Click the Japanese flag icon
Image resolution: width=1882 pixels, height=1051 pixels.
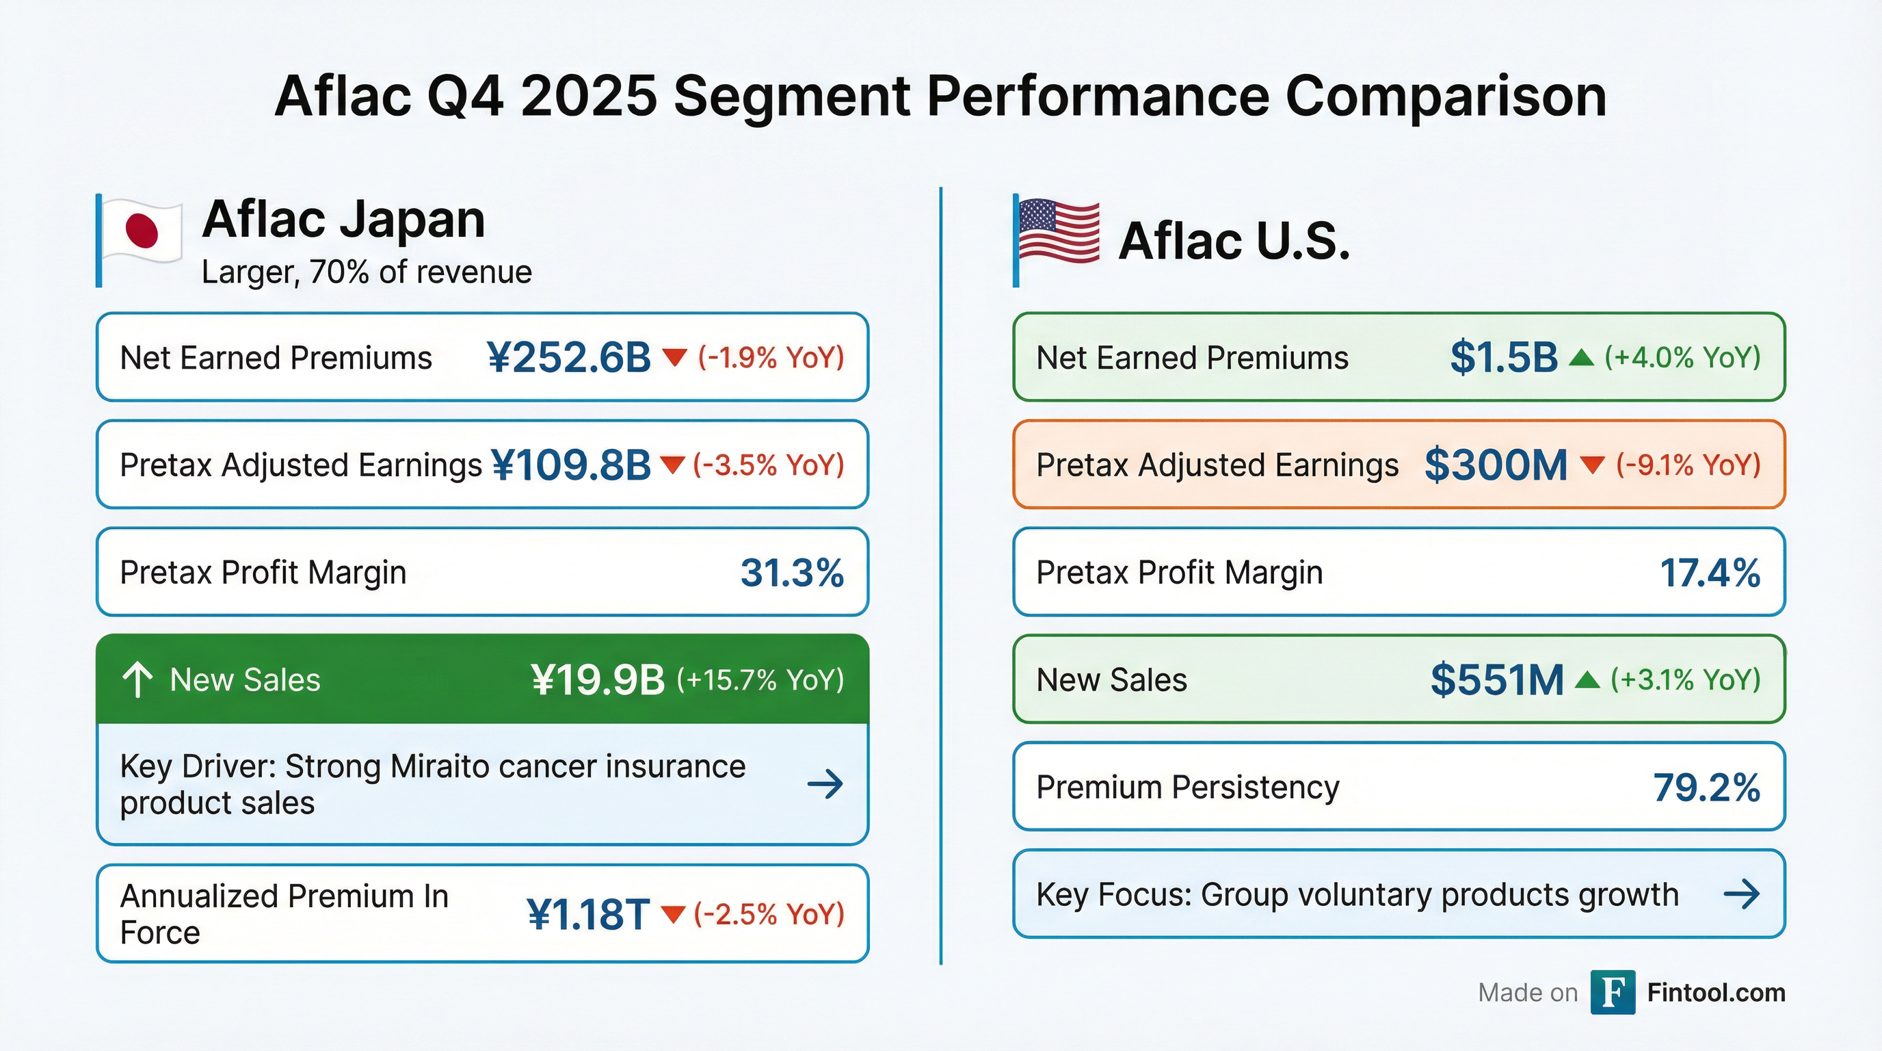tap(142, 231)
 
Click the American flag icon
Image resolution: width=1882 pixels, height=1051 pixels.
tap(1059, 232)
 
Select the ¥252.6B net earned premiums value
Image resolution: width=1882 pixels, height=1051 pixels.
tap(568, 358)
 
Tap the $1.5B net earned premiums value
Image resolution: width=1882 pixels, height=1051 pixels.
tap(1504, 358)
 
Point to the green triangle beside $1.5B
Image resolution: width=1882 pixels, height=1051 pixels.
tap(1581, 358)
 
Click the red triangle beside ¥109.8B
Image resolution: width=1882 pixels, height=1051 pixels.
tap(672, 465)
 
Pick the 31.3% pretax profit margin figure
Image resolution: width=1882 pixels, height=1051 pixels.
tap(792, 572)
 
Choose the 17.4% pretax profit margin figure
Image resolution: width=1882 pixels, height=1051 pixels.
tap(1710, 572)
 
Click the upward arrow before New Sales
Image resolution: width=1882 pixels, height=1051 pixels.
tap(137, 679)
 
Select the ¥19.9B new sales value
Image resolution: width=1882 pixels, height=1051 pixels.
tap(598, 679)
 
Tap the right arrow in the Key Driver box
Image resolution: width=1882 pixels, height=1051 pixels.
tap(825, 784)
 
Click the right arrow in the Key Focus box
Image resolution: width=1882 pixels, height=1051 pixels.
tap(1741, 894)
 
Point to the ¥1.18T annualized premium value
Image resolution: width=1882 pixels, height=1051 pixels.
tap(588, 914)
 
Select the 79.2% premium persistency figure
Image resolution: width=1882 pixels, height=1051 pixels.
tap(1707, 788)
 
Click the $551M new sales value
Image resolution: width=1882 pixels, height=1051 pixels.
tap(1496, 679)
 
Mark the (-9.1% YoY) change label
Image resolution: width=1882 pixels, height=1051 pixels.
tap(1688, 465)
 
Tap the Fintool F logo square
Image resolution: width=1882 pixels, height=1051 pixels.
tap(1613, 993)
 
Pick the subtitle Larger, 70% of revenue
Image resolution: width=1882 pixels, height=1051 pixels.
tap(366, 272)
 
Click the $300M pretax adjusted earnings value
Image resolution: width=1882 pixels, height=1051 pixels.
tap(1496, 465)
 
